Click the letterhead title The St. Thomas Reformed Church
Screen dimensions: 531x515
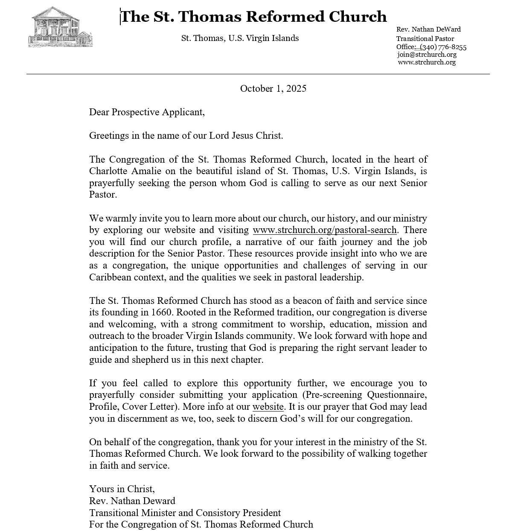[254, 17]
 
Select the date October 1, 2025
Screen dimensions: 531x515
[273, 88]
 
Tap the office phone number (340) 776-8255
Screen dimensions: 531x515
[443, 47]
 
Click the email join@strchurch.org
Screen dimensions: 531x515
[427, 55]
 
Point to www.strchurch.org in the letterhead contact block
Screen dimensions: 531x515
[427, 62]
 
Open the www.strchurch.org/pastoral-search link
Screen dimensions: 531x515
[325, 230]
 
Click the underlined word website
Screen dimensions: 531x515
[268, 407]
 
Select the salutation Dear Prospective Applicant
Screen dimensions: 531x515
[147, 112]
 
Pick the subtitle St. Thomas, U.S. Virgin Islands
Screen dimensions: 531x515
[240, 38]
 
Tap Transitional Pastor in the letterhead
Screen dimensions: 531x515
[425, 39]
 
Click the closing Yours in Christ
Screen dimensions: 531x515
[122, 489]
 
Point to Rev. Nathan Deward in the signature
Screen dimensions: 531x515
[132, 501]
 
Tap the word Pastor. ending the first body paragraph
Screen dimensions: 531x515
[103, 195]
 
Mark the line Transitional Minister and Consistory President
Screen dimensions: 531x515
[185, 513]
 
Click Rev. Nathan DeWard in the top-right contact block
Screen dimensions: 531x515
[428, 29]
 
